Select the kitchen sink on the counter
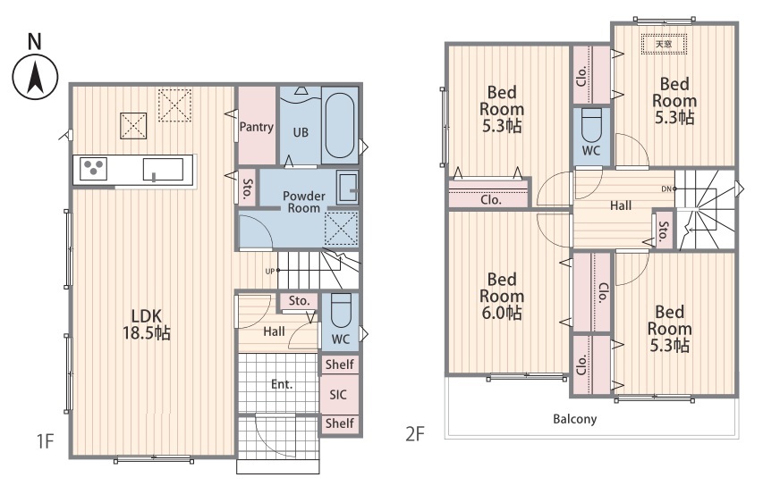click(x=163, y=170)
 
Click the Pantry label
click(x=257, y=128)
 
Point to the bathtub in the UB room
click(x=340, y=125)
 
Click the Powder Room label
click(x=303, y=202)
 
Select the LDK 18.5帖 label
click(x=146, y=324)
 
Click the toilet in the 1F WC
click(x=341, y=310)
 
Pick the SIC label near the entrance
click(x=338, y=395)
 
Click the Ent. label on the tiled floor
click(x=282, y=384)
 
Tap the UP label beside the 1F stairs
click(x=269, y=272)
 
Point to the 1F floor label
click(x=45, y=441)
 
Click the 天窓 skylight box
click(x=664, y=45)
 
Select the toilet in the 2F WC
click(x=592, y=124)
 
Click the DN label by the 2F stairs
click(x=666, y=189)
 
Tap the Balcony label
click(x=574, y=419)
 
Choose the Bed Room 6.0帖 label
click(x=502, y=296)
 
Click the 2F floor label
click(x=415, y=433)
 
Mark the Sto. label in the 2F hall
click(x=663, y=230)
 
